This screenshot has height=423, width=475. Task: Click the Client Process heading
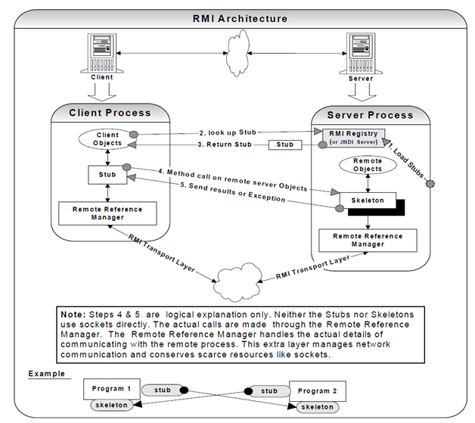pos(110,113)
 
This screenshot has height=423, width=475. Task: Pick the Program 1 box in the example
pos(112,389)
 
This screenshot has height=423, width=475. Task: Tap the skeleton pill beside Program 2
pos(316,406)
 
